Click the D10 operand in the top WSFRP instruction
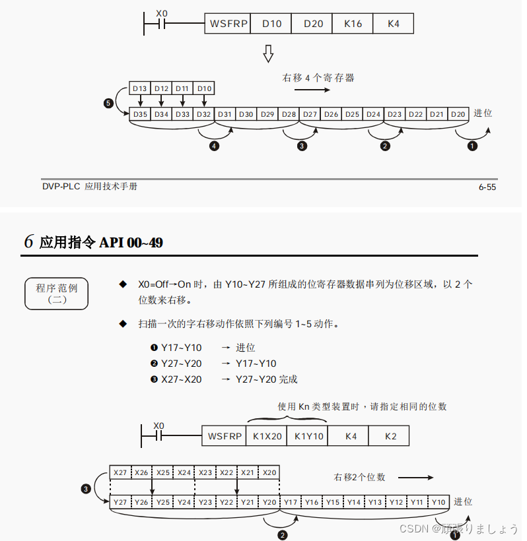click(x=271, y=24)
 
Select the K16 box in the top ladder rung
click(x=353, y=24)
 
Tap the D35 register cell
click(x=140, y=114)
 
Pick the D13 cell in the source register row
click(x=139, y=88)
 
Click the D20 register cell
click(x=458, y=114)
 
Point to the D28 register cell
click(x=289, y=114)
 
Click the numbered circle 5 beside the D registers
click(x=109, y=103)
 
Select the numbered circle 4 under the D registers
click(x=213, y=146)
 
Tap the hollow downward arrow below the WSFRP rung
click(x=268, y=53)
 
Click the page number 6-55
click(x=487, y=187)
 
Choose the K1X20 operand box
click(x=266, y=436)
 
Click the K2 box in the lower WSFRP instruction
click(x=391, y=436)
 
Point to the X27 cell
click(x=120, y=472)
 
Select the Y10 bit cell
click(x=439, y=502)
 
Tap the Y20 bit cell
click(x=269, y=502)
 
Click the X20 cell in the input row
click(x=269, y=472)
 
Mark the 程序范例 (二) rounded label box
click(x=56, y=294)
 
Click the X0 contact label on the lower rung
click(x=158, y=426)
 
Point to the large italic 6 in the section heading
click(x=29, y=241)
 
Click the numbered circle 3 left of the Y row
click(x=85, y=489)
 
